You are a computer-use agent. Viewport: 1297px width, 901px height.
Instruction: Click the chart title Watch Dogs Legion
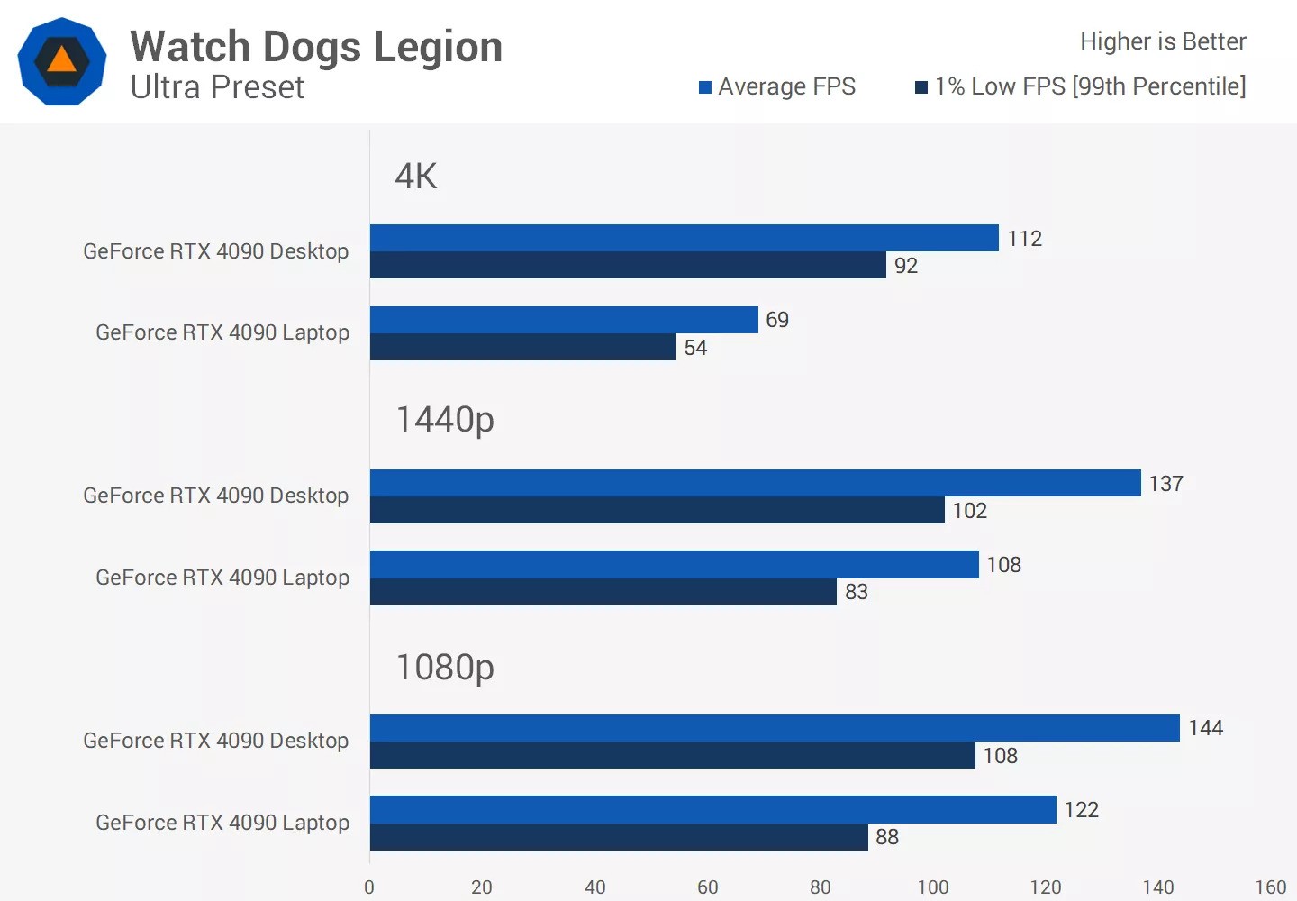click(316, 47)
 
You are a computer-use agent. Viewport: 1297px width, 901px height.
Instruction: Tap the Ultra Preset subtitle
click(217, 87)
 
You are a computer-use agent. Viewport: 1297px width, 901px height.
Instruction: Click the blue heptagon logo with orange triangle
click(61, 61)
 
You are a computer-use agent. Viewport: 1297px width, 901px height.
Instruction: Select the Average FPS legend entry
click(777, 86)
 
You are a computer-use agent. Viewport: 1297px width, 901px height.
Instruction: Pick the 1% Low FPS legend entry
click(1081, 86)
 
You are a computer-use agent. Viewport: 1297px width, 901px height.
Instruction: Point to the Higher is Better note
click(1163, 41)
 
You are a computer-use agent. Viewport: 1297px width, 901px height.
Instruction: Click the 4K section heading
click(416, 176)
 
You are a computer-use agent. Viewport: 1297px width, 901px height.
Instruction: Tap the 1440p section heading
click(445, 420)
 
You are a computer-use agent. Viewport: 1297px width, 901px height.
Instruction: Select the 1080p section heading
click(445, 668)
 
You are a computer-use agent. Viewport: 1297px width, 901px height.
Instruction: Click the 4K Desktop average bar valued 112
click(685, 238)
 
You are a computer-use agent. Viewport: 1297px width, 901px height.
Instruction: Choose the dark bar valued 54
click(522, 347)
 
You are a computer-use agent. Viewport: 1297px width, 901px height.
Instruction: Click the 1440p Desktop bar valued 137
click(755, 483)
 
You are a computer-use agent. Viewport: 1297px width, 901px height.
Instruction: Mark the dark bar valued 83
click(603, 592)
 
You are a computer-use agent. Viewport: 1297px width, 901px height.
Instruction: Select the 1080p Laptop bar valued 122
click(712, 809)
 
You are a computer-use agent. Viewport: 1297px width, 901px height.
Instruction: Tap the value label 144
click(1205, 728)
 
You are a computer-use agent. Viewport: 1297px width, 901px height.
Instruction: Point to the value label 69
click(777, 320)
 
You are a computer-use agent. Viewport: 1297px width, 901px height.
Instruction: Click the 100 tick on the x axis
click(933, 887)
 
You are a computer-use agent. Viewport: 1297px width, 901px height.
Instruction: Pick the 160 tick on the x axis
click(1271, 887)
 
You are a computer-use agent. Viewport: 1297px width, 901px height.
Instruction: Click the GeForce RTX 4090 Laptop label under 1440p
click(222, 578)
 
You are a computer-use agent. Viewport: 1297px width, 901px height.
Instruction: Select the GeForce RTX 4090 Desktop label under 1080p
click(215, 741)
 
